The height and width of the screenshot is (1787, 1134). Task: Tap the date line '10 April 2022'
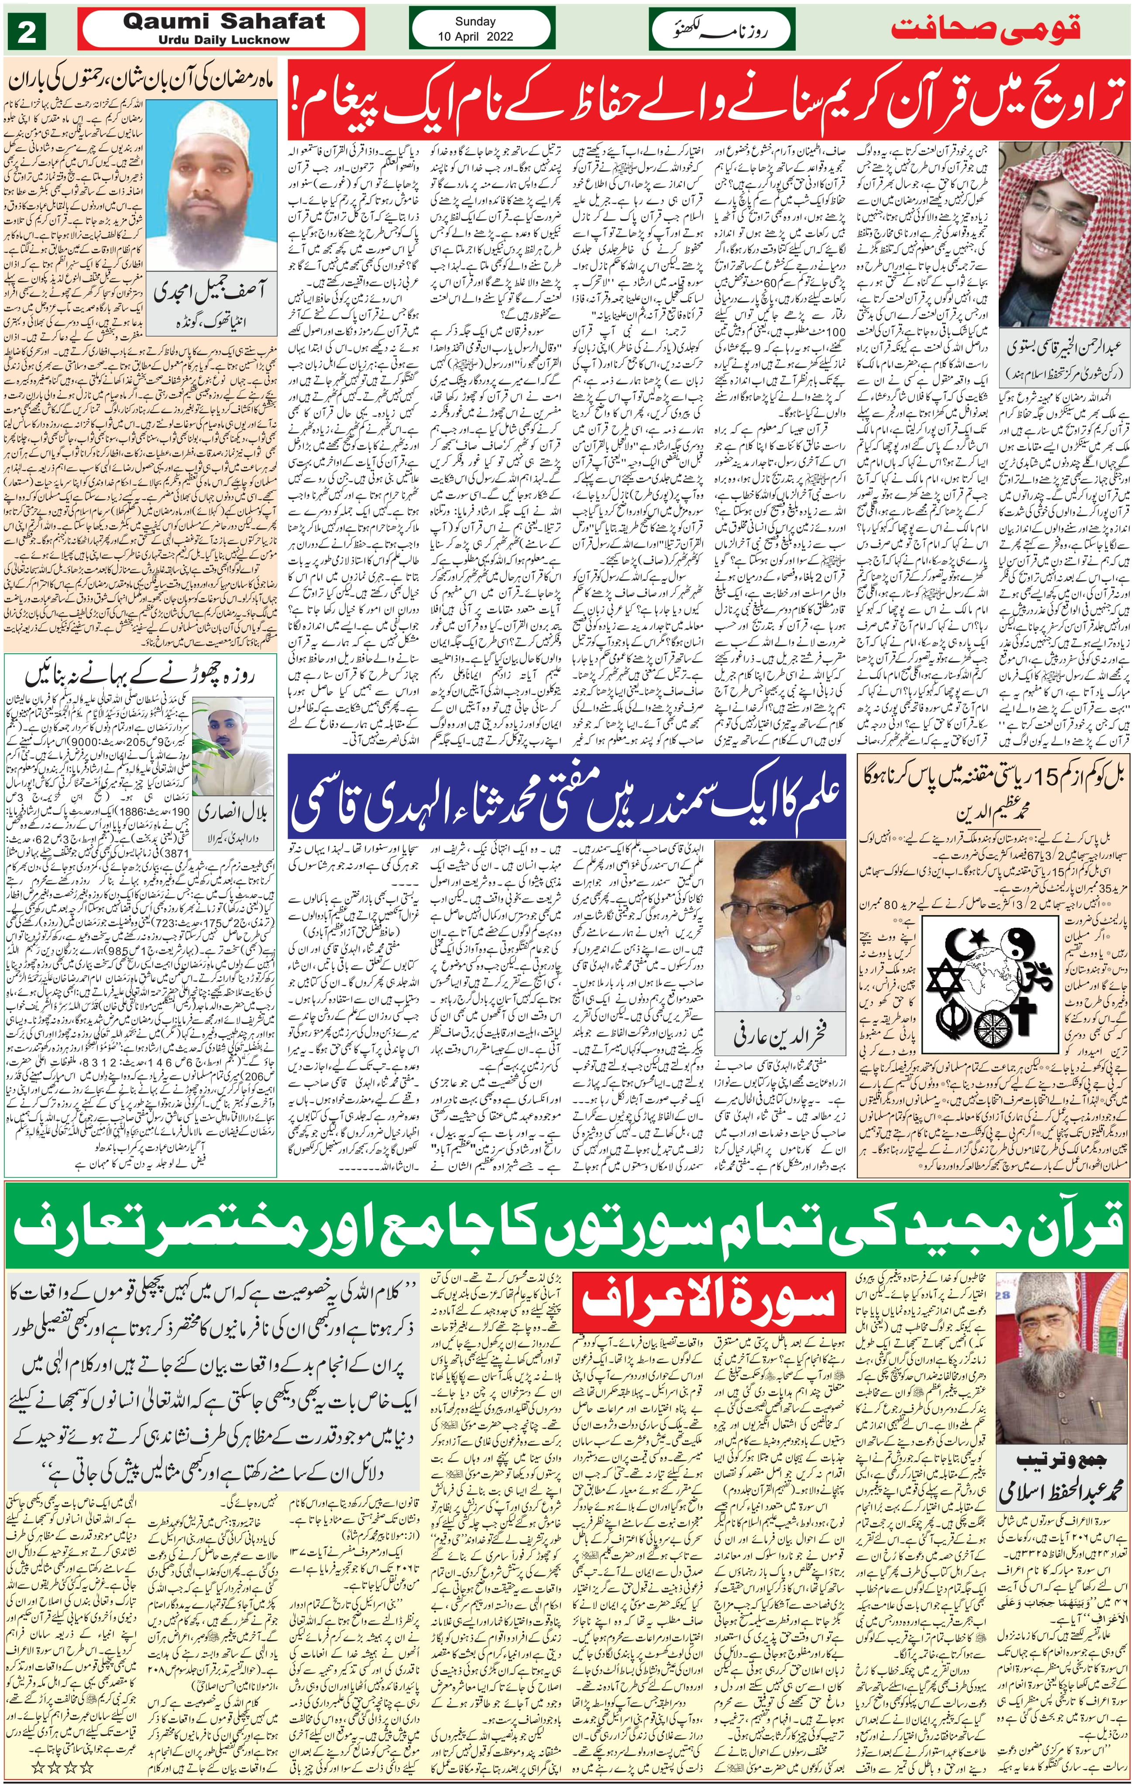(475, 36)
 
